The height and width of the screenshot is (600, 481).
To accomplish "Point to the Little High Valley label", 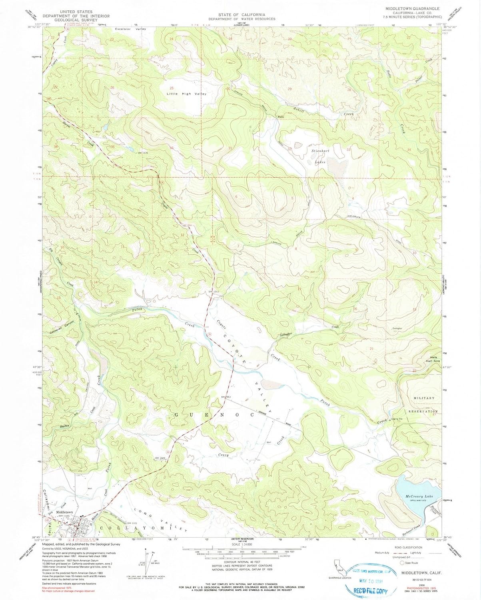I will pyautogui.click(x=187, y=94).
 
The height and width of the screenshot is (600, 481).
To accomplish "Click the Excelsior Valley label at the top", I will pyautogui.click(x=130, y=29).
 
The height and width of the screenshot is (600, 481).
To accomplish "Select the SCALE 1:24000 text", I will pyautogui.click(x=241, y=545).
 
